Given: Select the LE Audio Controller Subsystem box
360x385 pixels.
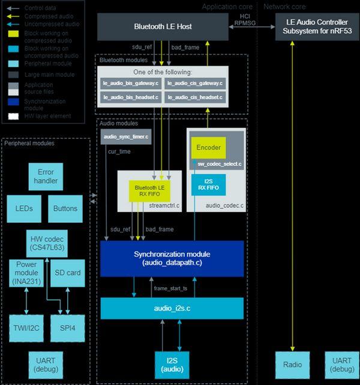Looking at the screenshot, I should pyautogui.click(x=317, y=28).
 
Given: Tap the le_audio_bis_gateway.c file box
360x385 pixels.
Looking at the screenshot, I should pyautogui.click(x=130, y=83).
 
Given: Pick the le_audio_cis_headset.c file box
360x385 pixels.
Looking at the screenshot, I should pyautogui.click(x=194, y=97).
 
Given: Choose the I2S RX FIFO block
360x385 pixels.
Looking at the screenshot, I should pyautogui.click(x=208, y=184).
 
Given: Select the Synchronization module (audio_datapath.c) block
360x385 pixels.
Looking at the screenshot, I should pyautogui.click(x=172, y=259).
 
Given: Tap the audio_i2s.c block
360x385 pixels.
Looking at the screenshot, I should pyautogui.click(x=172, y=308).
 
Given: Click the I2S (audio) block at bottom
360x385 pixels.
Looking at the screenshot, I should pyautogui.click(x=172, y=364).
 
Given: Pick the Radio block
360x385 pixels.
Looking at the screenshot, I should pyautogui.click(x=292, y=364).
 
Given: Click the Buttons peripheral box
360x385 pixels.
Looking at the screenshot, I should pyautogui.click(x=65, y=208).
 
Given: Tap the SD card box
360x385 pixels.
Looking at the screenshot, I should pyautogui.click(x=65, y=273).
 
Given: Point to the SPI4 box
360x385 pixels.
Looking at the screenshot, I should pyautogui.click(x=65, y=328).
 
